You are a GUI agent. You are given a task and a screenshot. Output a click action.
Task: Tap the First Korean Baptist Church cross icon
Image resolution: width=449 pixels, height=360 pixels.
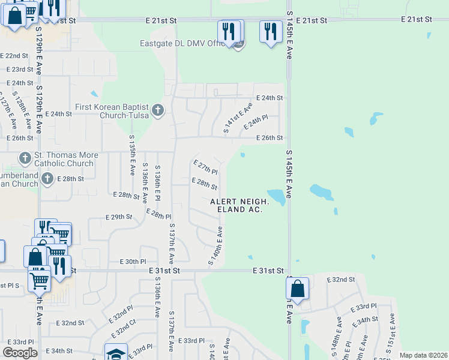pos(158,110)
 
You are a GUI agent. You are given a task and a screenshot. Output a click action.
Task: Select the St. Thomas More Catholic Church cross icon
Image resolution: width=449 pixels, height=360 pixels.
pos(25,158)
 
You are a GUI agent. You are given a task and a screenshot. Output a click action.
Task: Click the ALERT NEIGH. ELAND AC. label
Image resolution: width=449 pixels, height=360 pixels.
pos(240,205)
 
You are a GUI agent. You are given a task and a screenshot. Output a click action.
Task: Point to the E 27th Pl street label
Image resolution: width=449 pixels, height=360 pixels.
pos(205,167)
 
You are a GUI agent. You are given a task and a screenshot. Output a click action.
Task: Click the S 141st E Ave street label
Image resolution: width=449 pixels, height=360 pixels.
pos(237,118)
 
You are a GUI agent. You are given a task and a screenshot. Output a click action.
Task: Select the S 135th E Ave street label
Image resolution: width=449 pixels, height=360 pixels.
pos(132,155)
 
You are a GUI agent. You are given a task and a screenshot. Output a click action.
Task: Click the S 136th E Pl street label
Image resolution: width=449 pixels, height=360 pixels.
pos(158,184)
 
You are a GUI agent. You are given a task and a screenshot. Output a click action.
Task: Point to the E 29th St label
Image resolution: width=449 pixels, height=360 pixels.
pos(118,217)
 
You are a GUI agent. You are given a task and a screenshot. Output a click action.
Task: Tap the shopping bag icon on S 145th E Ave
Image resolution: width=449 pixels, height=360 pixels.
pos(297,289)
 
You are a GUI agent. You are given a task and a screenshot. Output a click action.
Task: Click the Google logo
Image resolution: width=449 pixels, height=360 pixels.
pos(20,353)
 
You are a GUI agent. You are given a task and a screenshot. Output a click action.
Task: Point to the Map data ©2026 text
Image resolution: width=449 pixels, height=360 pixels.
pos(423,355)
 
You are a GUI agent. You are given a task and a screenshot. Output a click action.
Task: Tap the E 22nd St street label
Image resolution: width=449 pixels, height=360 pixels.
pos(16,56)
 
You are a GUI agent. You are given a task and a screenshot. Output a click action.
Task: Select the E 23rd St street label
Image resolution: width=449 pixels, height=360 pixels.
pos(20,70)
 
